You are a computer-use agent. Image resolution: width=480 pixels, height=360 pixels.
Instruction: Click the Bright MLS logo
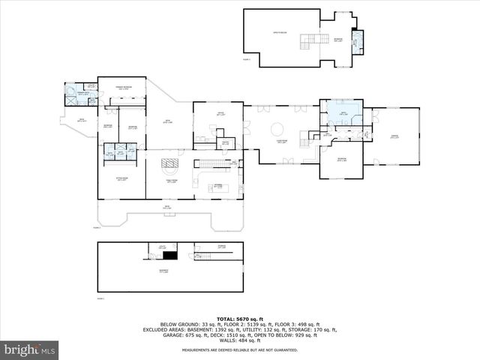(30, 349)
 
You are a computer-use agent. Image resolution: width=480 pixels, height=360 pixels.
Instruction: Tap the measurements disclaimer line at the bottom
(240, 349)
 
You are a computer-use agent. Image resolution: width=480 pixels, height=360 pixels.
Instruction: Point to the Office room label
(221, 114)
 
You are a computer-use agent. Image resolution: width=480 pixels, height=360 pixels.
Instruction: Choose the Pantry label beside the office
(224, 141)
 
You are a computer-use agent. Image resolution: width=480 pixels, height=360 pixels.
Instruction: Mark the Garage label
(394, 136)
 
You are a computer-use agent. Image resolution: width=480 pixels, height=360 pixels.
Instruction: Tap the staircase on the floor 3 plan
(309, 40)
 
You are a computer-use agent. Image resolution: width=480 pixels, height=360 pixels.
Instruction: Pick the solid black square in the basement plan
(170, 256)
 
